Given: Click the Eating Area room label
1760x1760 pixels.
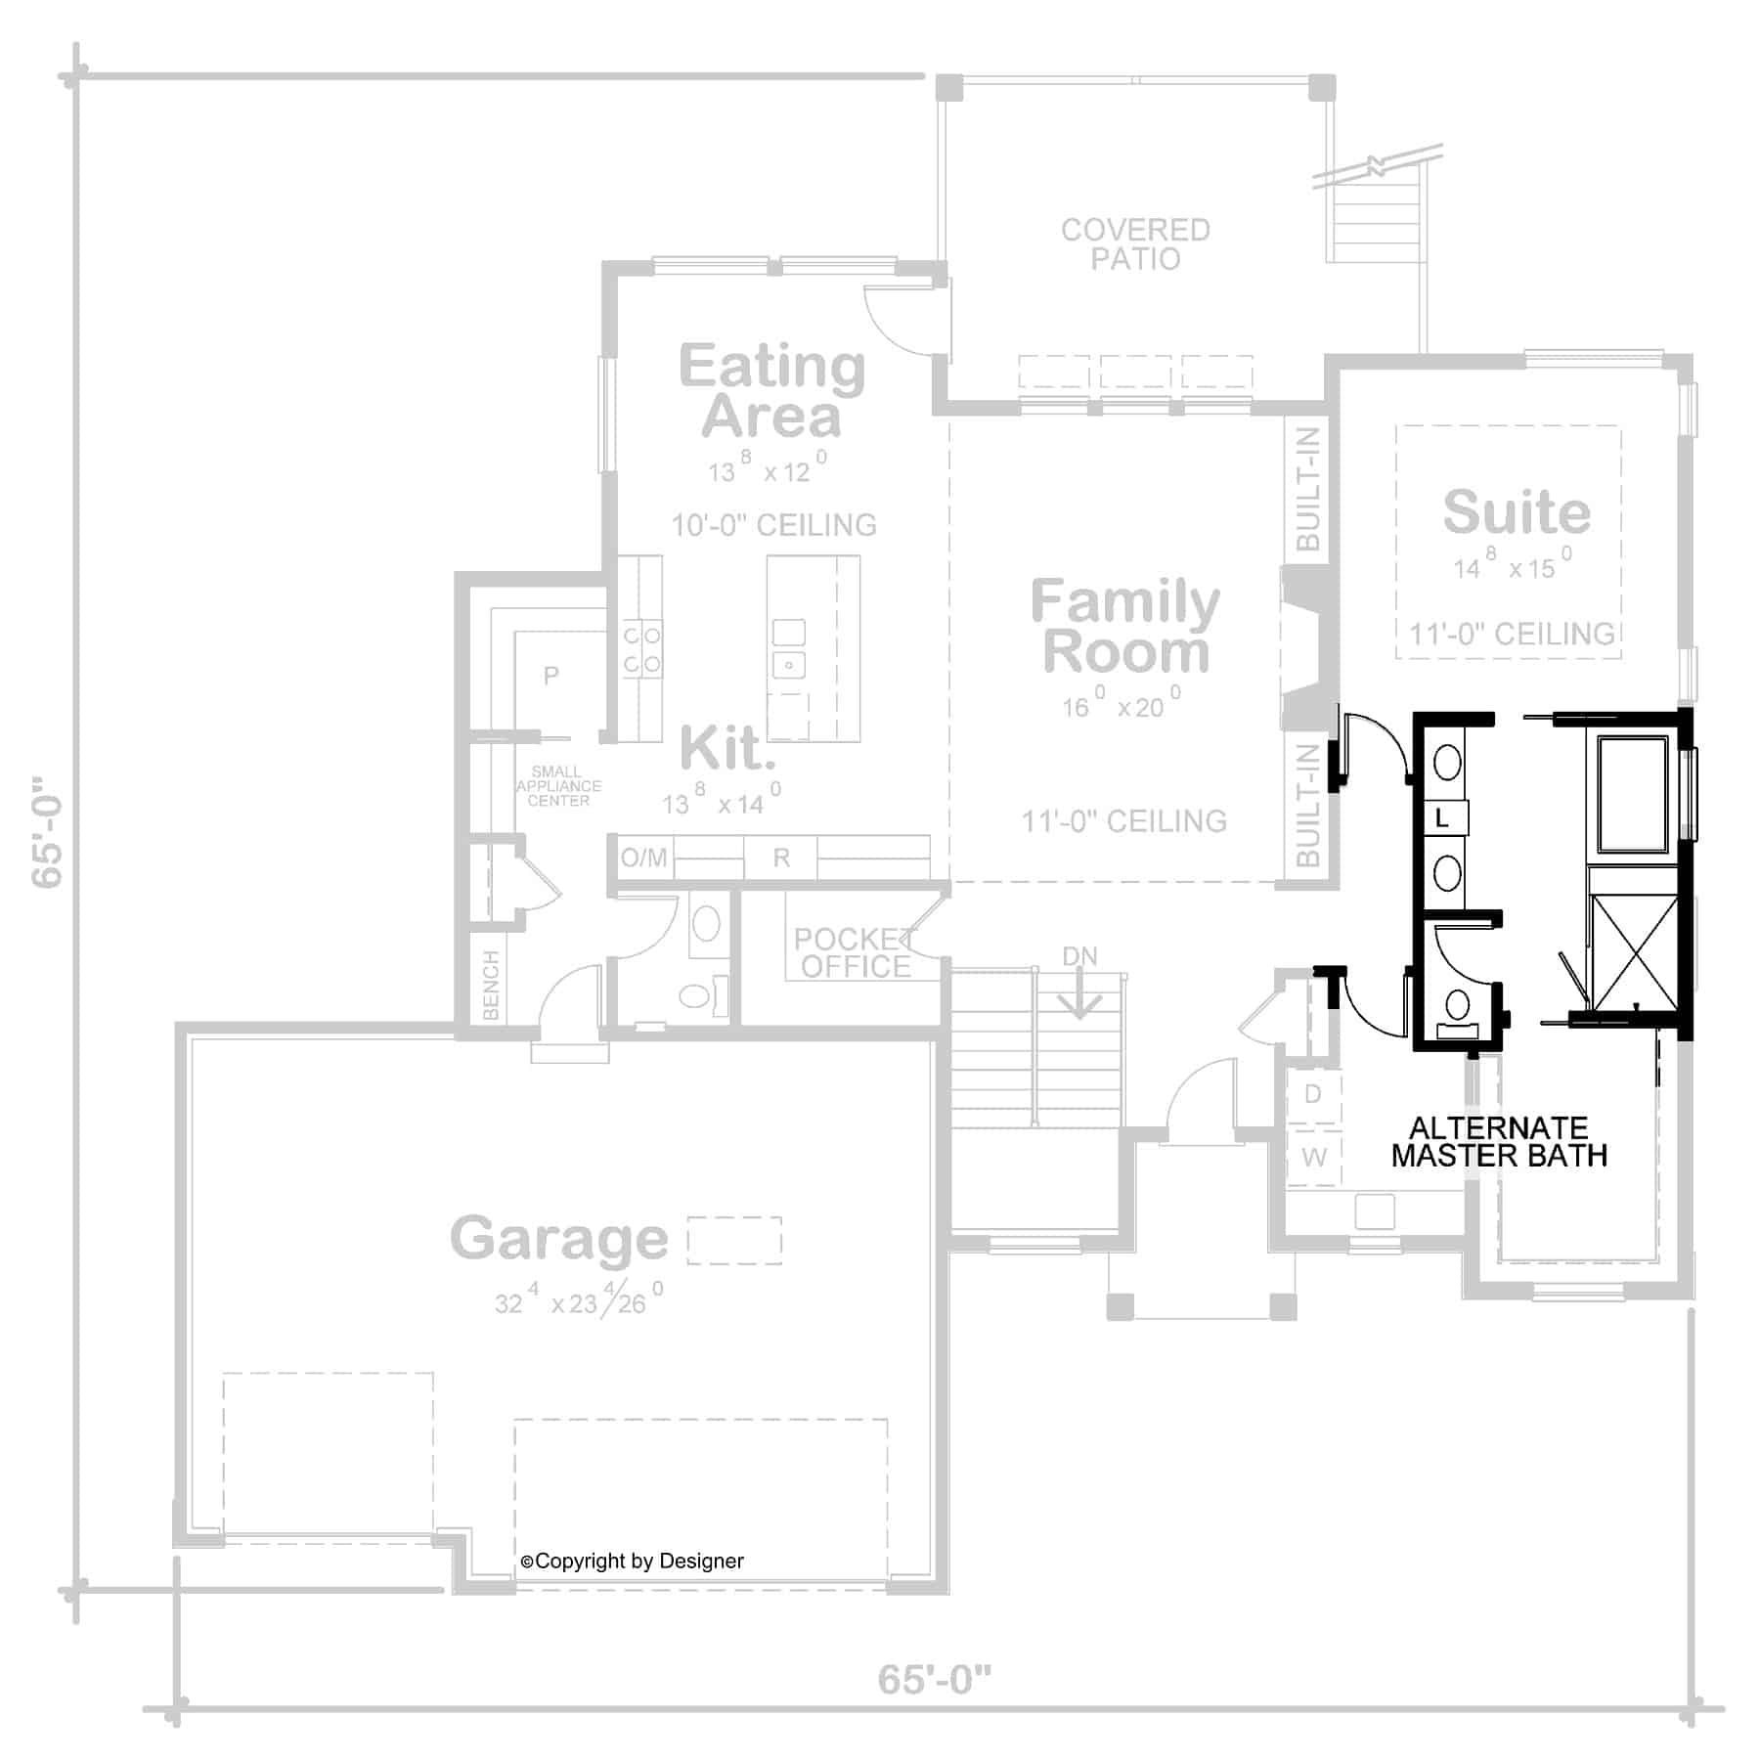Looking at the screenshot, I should point(771,391).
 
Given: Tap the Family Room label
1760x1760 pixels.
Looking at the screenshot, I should point(1125,627).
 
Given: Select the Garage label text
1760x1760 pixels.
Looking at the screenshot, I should point(558,1239).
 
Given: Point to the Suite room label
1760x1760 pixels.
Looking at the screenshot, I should point(1517,511).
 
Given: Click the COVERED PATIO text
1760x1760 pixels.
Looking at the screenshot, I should point(1135,244).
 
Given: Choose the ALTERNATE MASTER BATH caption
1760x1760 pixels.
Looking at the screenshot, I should point(1499,1142).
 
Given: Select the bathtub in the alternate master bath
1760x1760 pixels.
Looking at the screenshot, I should point(1632,794).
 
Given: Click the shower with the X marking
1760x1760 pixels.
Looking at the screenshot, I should point(1633,950).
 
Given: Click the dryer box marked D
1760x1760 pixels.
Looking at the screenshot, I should point(1313,1094).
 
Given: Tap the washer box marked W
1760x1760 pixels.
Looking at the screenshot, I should point(1313,1158).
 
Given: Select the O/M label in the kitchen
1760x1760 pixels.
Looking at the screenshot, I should point(643,858).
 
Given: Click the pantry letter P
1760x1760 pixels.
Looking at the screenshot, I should point(551,675).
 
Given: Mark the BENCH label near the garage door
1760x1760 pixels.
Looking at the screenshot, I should point(491,986).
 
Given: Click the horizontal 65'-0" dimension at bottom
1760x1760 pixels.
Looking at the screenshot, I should point(934,1680).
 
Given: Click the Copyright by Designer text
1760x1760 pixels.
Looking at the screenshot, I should point(633,1562).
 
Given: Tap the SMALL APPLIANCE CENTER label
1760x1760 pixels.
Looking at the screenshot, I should point(558,786).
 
